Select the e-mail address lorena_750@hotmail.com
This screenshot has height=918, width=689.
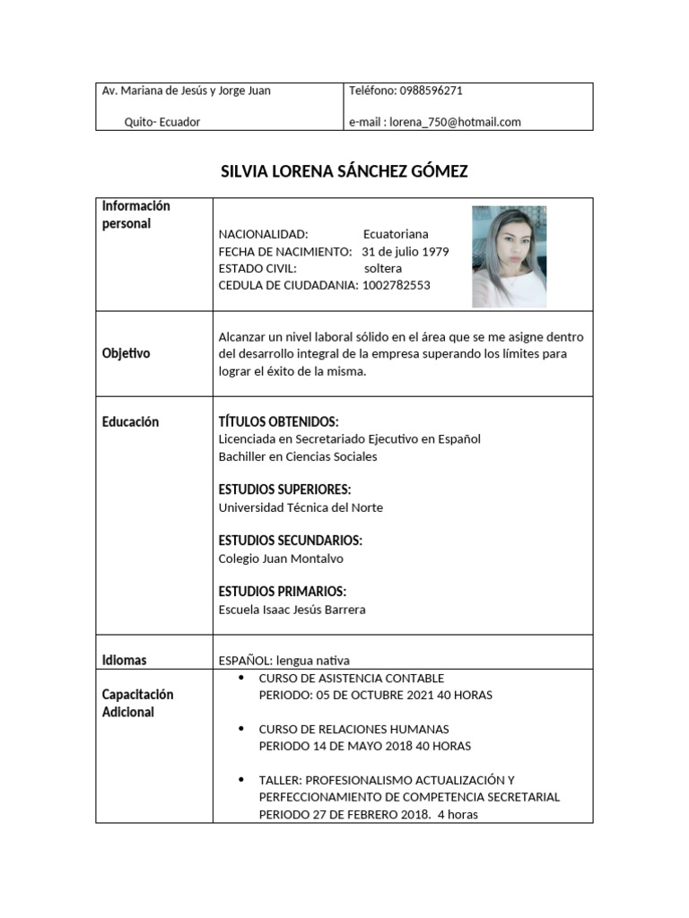tap(455, 122)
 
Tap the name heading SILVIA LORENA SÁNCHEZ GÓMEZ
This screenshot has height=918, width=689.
tap(344, 171)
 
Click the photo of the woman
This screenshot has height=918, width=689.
tap(509, 257)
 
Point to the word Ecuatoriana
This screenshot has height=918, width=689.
tap(396, 234)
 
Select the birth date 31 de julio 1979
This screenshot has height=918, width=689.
tap(406, 251)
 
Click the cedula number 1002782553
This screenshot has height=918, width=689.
tap(397, 285)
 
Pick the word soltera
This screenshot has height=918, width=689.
tap(383, 268)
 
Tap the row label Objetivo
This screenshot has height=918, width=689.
tap(126, 353)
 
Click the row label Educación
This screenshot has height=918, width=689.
tap(130, 421)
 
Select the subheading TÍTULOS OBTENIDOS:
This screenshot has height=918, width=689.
tap(279, 421)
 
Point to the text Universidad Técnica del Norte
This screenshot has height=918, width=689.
tap(301, 507)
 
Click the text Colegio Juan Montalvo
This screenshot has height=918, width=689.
tap(281, 559)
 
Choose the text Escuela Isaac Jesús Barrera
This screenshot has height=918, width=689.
tap(292, 610)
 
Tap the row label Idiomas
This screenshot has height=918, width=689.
tap(125, 660)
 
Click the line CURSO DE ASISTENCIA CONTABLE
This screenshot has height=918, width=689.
tap(352, 678)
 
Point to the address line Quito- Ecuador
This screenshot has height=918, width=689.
tap(162, 122)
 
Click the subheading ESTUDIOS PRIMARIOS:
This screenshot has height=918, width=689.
tap(283, 592)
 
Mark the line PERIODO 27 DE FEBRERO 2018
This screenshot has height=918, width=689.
tap(356, 815)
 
